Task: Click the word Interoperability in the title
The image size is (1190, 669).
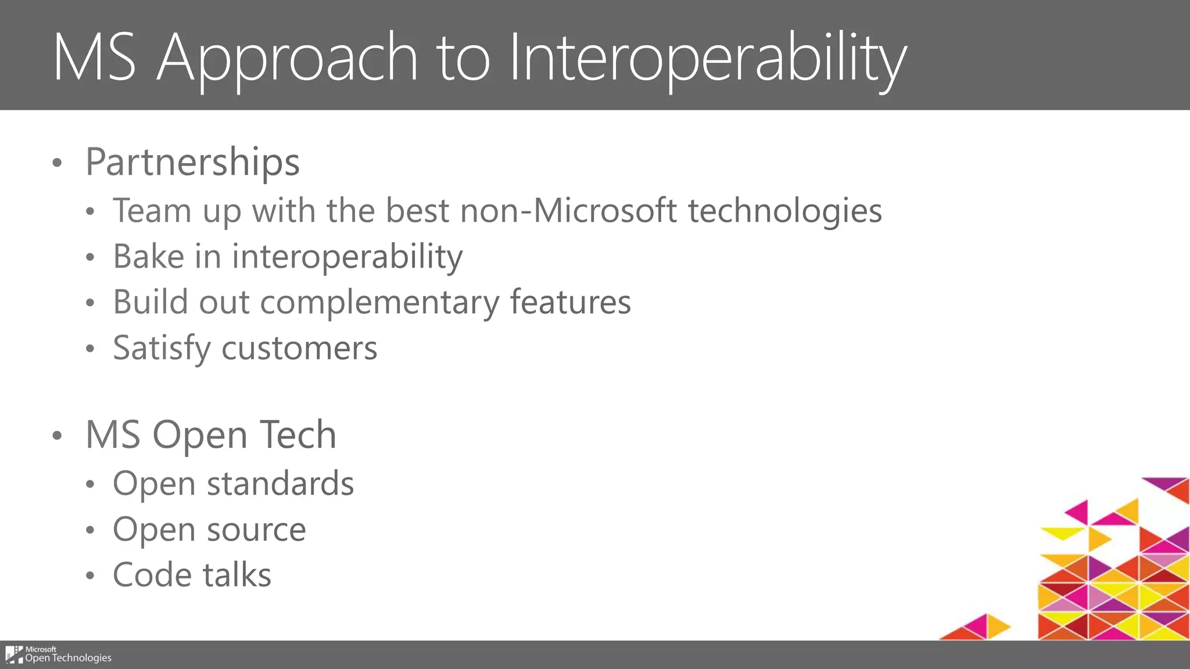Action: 707,58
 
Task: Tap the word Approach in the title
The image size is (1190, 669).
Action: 287,58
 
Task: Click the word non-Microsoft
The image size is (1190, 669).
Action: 568,210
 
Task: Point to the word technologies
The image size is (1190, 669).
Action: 785,210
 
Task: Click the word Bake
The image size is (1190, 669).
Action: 148,256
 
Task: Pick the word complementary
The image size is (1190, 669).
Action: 379,302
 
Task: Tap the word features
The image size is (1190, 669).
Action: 570,302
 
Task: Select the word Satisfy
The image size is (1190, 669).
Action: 162,348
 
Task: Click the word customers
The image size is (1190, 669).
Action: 299,348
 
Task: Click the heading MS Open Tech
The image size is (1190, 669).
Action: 211,434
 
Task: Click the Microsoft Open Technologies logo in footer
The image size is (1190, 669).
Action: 58,654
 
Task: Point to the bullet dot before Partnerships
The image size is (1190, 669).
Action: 56,163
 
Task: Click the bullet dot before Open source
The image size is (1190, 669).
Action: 89,530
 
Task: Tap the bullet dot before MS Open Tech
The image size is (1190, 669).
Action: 56,436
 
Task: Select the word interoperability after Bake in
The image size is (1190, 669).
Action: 347,256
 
